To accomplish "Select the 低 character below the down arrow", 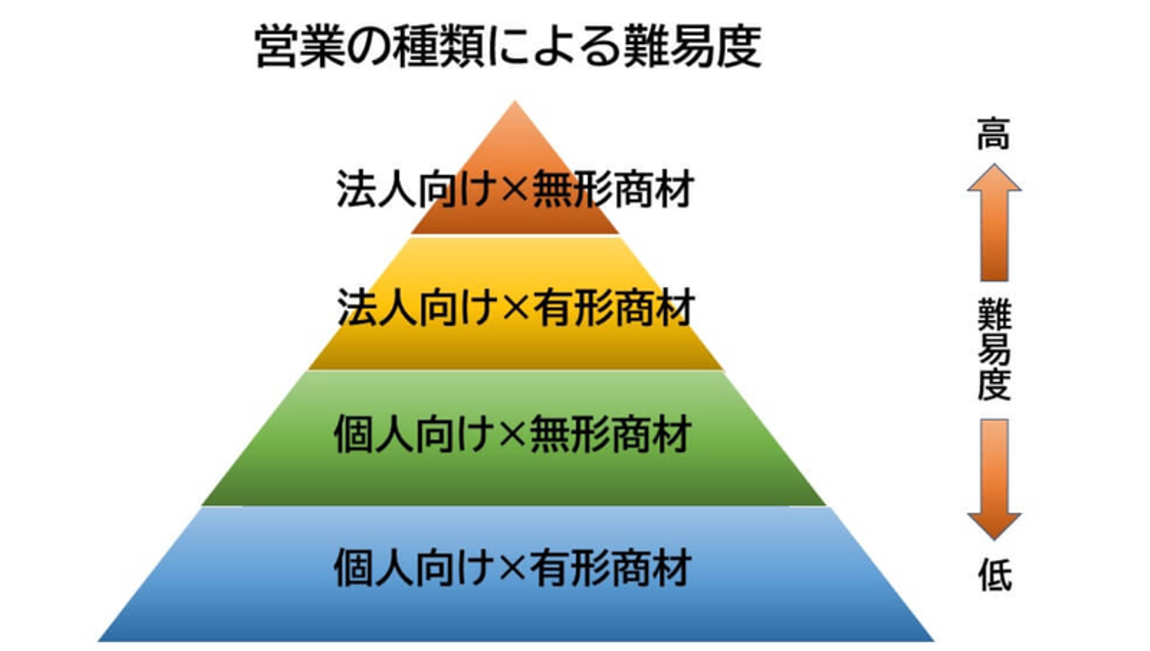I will tap(995, 574).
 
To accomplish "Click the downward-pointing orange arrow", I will tap(994, 479).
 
